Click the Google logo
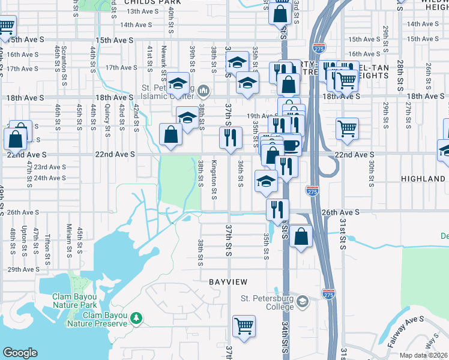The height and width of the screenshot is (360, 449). point(20,353)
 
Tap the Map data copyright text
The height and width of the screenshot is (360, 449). point(424,355)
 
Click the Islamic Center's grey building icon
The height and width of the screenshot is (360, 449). point(203,91)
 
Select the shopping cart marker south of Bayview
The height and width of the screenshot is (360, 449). point(244,326)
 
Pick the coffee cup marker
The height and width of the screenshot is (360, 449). point(291,145)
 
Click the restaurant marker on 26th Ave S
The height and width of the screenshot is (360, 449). point(277,209)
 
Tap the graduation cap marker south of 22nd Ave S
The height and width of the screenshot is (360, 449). point(266,182)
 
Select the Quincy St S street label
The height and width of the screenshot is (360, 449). point(107,116)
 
